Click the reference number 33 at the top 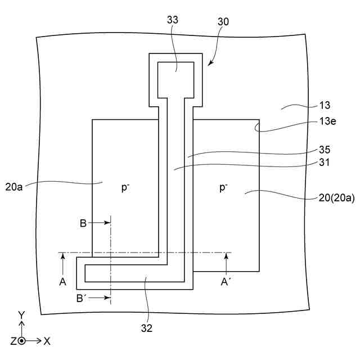[x=173, y=19]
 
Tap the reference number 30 [x=223, y=21]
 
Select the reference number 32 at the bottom [x=147, y=326]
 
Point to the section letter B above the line [x=83, y=223]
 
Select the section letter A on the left [x=62, y=281]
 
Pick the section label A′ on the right [x=226, y=281]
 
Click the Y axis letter [x=21, y=316]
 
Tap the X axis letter [x=47, y=341]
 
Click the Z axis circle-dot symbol [x=21, y=341]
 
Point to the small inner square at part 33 [x=175, y=79]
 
